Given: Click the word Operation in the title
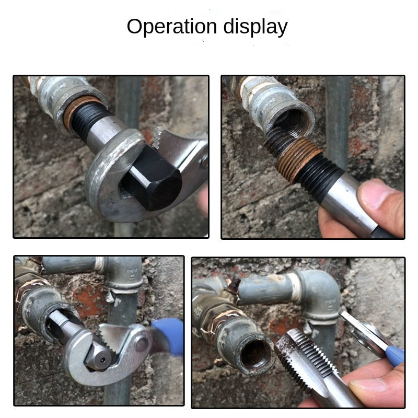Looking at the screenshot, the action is [172, 27].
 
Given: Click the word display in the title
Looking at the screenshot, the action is [256, 27].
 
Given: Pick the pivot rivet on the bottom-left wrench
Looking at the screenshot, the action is [141, 344].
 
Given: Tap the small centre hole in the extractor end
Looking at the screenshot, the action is [102, 360].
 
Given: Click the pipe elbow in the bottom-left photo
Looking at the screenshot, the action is [124, 275].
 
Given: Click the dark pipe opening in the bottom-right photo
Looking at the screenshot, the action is [257, 355].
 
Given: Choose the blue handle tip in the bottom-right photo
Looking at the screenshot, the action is [395, 355].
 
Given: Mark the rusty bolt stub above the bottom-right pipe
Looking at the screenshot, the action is [235, 285].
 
